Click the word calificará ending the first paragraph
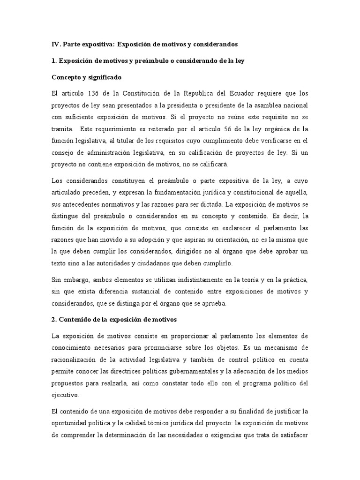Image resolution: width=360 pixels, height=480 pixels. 213,165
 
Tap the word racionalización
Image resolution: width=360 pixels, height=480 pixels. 77,360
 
